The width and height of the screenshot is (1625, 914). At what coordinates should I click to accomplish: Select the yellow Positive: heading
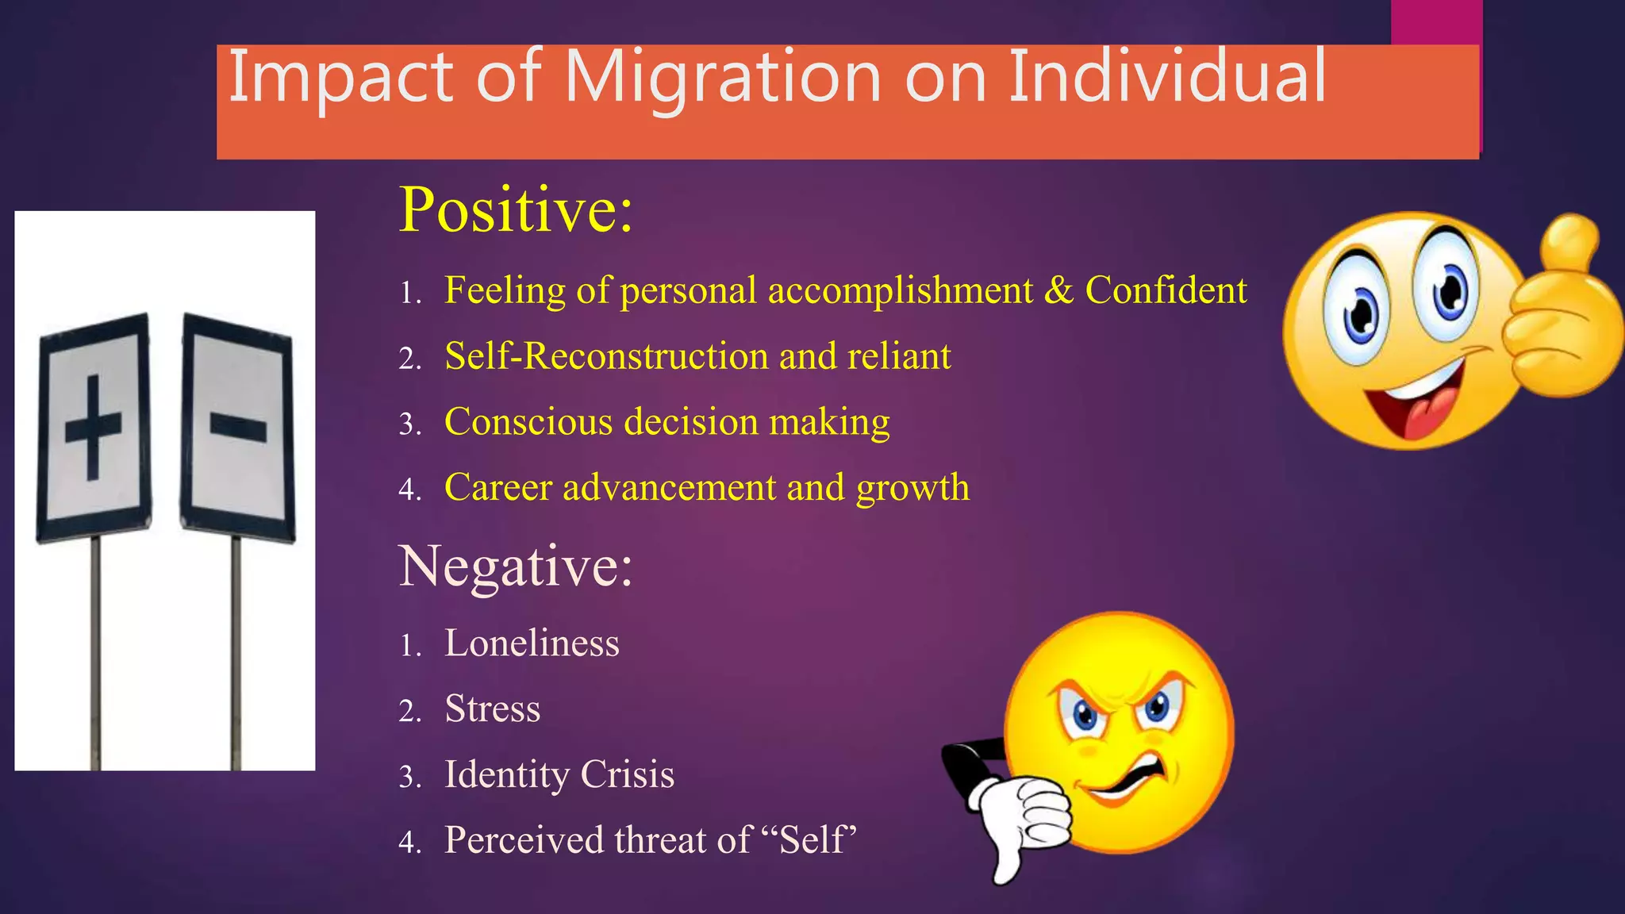(x=516, y=210)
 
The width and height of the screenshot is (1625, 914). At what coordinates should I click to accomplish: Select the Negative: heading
(x=516, y=566)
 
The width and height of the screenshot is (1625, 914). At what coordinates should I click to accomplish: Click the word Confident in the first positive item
(x=1166, y=290)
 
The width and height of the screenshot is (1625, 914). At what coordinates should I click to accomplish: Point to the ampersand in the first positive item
(x=1058, y=290)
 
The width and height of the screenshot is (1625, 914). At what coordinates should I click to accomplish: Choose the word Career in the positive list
(x=497, y=488)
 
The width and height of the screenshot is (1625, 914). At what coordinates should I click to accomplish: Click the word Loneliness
(x=532, y=643)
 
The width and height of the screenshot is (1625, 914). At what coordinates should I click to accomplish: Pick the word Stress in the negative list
(x=492, y=709)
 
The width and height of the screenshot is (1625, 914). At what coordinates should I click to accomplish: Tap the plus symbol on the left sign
(x=93, y=428)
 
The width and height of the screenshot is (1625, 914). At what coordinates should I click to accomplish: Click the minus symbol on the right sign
(x=237, y=428)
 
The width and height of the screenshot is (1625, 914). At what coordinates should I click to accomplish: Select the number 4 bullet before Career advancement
(x=409, y=490)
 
